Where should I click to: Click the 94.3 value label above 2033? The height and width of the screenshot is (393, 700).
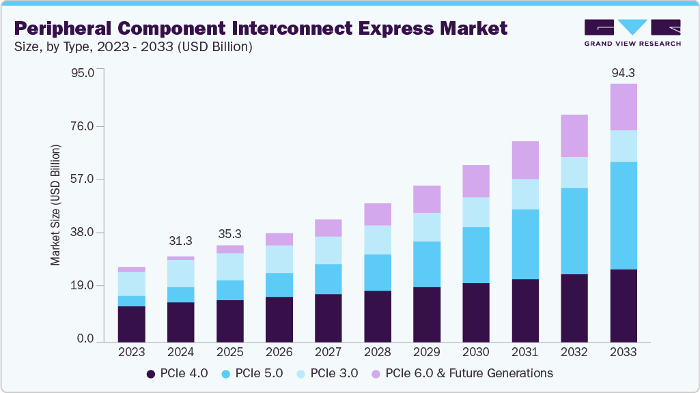click(x=624, y=73)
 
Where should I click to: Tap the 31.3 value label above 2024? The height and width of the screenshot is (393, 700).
click(x=180, y=241)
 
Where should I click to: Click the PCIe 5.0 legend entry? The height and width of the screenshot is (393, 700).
click(x=253, y=373)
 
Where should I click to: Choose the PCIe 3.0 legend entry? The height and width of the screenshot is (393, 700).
click(x=327, y=373)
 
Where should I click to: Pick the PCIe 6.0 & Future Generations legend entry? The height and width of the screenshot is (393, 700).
click(x=462, y=373)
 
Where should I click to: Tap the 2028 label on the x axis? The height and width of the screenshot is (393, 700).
click(x=378, y=352)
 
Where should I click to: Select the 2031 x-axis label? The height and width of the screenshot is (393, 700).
click(x=525, y=352)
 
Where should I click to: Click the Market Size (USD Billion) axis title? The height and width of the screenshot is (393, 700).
click(x=55, y=205)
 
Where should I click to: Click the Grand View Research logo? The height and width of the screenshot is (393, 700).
click(x=632, y=32)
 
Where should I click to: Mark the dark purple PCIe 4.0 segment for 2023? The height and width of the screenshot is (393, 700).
click(x=131, y=324)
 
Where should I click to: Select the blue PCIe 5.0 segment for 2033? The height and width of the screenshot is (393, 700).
click(x=624, y=216)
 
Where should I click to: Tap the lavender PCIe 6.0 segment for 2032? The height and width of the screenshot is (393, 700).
click(x=574, y=136)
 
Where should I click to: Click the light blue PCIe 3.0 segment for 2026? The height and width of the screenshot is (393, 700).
click(x=279, y=259)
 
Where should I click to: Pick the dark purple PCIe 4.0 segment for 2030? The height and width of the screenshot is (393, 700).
click(x=476, y=312)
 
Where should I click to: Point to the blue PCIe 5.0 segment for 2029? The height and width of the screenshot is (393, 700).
click(x=427, y=264)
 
